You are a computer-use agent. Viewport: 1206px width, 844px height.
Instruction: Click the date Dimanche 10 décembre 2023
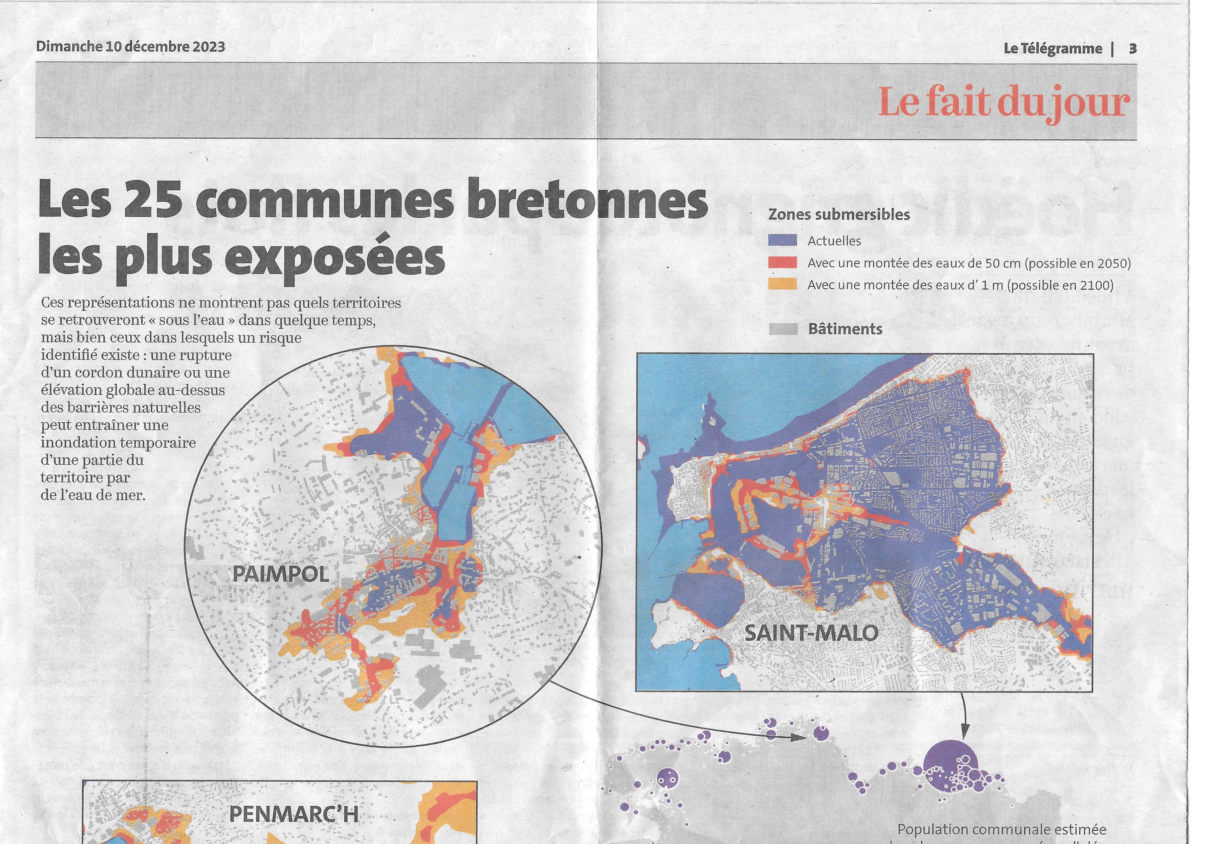pos(130,47)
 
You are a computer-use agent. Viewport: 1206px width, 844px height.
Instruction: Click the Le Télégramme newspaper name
pos(1053,49)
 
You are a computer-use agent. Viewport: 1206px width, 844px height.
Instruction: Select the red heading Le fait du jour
pos(1003,102)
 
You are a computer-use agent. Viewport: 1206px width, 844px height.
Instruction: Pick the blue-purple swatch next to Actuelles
pos(782,240)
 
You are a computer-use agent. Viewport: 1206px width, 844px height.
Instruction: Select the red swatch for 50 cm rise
pos(782,263)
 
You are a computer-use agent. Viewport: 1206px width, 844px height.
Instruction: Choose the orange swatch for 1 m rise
pos(782,285)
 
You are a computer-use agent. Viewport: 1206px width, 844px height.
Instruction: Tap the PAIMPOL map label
pos(281,574)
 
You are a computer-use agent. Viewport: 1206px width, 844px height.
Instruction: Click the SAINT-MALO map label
pos(811,633)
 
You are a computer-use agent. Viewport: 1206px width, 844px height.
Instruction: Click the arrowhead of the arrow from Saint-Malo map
pos(965,734)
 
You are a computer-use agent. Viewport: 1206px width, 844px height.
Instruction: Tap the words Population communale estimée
pos(1001,830)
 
